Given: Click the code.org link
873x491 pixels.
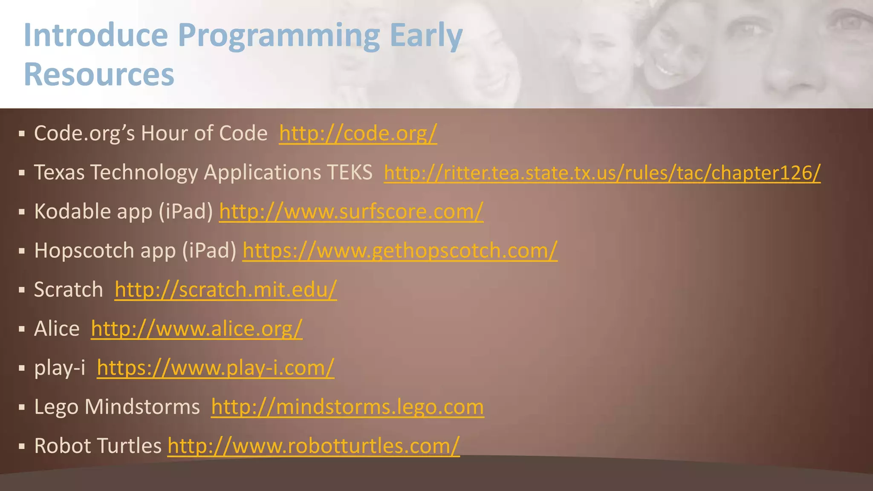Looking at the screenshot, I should pos(358,134).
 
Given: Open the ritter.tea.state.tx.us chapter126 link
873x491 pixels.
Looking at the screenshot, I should pos(602,173).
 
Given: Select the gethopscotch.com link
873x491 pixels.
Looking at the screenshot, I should pos(400,251).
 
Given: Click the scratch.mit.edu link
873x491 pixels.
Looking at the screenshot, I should pos(225,290).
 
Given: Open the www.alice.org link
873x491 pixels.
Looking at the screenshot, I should pos(197,329).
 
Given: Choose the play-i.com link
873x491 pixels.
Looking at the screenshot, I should pos(215,368).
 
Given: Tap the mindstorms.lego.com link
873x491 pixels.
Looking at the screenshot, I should pos(347,407).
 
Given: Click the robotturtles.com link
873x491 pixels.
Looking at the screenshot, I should pos(313,446).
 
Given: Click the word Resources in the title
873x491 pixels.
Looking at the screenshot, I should pos(99,74).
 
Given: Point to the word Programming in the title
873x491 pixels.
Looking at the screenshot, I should pos(278,36).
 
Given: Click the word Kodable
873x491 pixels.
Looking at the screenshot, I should pos(72,211).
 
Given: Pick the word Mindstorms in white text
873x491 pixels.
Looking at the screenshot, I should pos(142,407).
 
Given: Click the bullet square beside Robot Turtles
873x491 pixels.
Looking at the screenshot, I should pos(22,447).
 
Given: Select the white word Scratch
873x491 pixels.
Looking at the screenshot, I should pos(69,290).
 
